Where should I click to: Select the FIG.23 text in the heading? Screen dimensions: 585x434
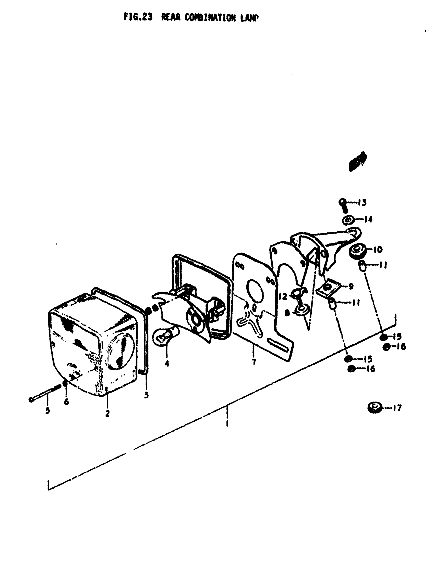click(x=138, y=17)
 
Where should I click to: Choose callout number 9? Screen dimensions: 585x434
click(x=351, y=286)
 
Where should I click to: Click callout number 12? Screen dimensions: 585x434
click(x=283, y=297)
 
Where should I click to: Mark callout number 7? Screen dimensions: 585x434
click(x=254, y=362)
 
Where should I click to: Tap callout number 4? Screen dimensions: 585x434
click(x=167, y=363)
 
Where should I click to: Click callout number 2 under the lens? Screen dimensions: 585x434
click(x=107, y=414)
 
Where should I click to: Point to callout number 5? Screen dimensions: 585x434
click(x=47, y=411)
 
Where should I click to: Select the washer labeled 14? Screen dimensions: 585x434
click(x=349, y=220)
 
